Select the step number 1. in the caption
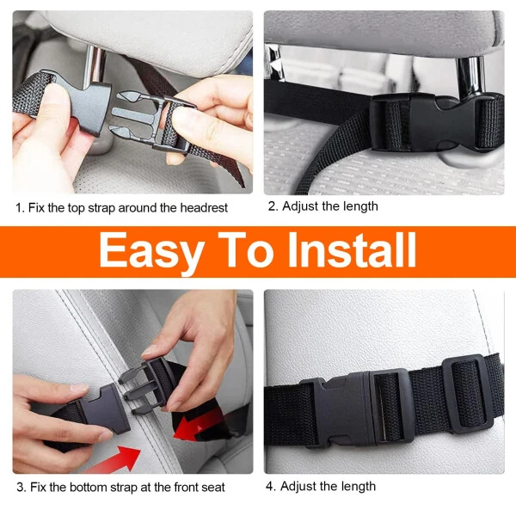[x=20, y=207]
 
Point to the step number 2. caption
[x=273, y=206]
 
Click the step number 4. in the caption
[x=272, y=486]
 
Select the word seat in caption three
[x=212, y=487]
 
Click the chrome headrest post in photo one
[x=95, y=64]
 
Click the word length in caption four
[x=356, y=486]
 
